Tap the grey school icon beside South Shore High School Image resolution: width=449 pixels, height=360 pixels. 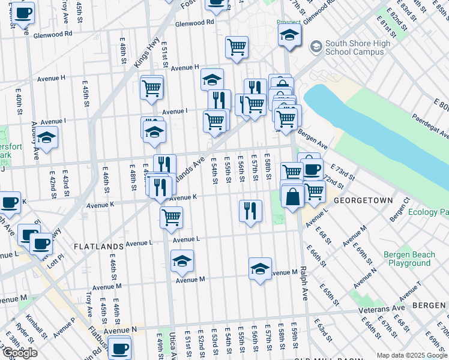point(315,47)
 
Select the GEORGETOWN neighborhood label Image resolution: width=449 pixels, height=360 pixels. point(363,200)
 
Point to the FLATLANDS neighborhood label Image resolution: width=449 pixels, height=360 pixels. point(98,246)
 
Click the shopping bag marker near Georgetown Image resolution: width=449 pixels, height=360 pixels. point(292,197)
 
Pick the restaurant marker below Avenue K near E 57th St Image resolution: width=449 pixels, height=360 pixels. point(250,211)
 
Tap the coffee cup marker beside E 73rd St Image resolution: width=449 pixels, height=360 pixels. point(312,169)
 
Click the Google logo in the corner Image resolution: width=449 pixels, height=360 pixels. point(19,353)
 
